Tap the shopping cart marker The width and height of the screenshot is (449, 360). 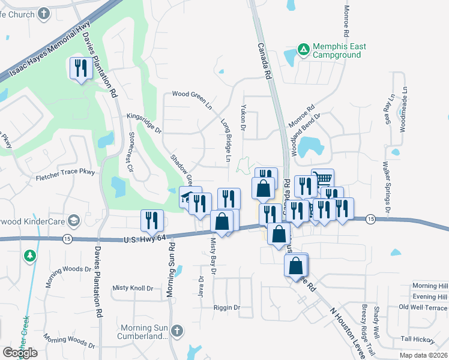click(324, 179)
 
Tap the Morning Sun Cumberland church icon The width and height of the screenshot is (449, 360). click(176, 331)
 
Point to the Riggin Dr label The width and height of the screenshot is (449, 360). click(226, 308)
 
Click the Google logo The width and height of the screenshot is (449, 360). click(20, 353)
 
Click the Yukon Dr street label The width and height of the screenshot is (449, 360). click(244, 120)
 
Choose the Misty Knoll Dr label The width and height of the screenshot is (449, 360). click(133, 288)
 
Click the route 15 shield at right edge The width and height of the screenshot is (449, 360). click(371, 219)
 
